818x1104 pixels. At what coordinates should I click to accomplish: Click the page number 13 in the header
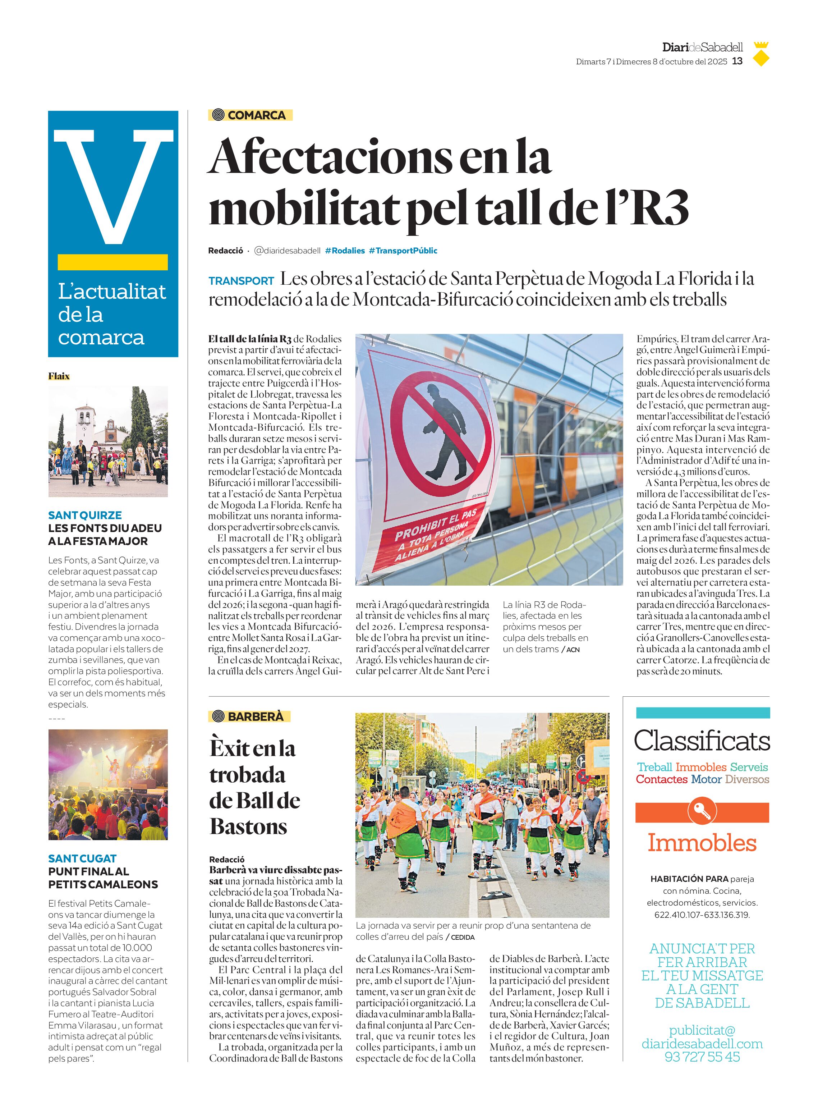point(737,61)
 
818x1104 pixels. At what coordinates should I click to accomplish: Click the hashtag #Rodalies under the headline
point(345,251)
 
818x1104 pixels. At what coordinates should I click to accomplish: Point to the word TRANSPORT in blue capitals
point(241,281)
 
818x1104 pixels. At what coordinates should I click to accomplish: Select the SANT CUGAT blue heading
point(82,858)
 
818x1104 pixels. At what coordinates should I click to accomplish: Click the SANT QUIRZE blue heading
point(85,515)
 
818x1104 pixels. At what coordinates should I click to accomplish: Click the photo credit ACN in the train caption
point(573,649)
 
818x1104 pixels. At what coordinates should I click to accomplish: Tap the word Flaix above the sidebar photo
point(59,376)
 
